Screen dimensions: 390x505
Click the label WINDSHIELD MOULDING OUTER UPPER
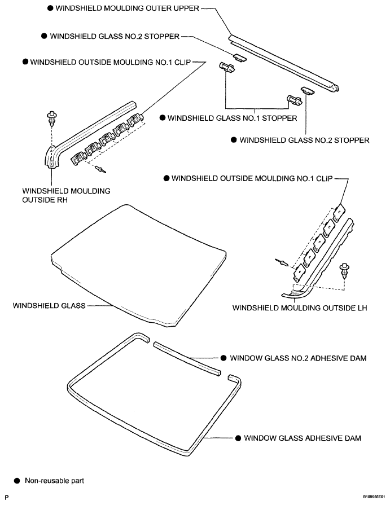coord(127,8)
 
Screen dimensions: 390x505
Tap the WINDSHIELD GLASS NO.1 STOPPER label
coord(232,118)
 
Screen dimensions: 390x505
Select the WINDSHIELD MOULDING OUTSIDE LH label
coord(300,308)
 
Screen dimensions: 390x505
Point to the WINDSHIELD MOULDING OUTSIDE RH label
coord(66,195)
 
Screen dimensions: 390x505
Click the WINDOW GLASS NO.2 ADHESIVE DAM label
coord(298,358)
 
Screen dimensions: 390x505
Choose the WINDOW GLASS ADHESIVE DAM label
coord(303,438)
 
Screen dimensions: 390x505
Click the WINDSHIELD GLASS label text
coord(49,305)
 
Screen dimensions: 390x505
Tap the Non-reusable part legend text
coord(54,481)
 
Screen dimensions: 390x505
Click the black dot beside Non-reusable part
coord(17,481)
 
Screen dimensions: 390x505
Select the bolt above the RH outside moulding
coord(51,117)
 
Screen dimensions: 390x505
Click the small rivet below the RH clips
coord(101,169)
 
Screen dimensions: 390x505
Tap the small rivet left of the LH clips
coord(281,262)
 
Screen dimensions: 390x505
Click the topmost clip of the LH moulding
coord(339,213)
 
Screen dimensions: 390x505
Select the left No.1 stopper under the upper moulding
coord(227,67)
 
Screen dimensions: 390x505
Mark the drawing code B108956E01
coord(374,497)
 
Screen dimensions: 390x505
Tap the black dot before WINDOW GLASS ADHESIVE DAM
coord(238,438)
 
